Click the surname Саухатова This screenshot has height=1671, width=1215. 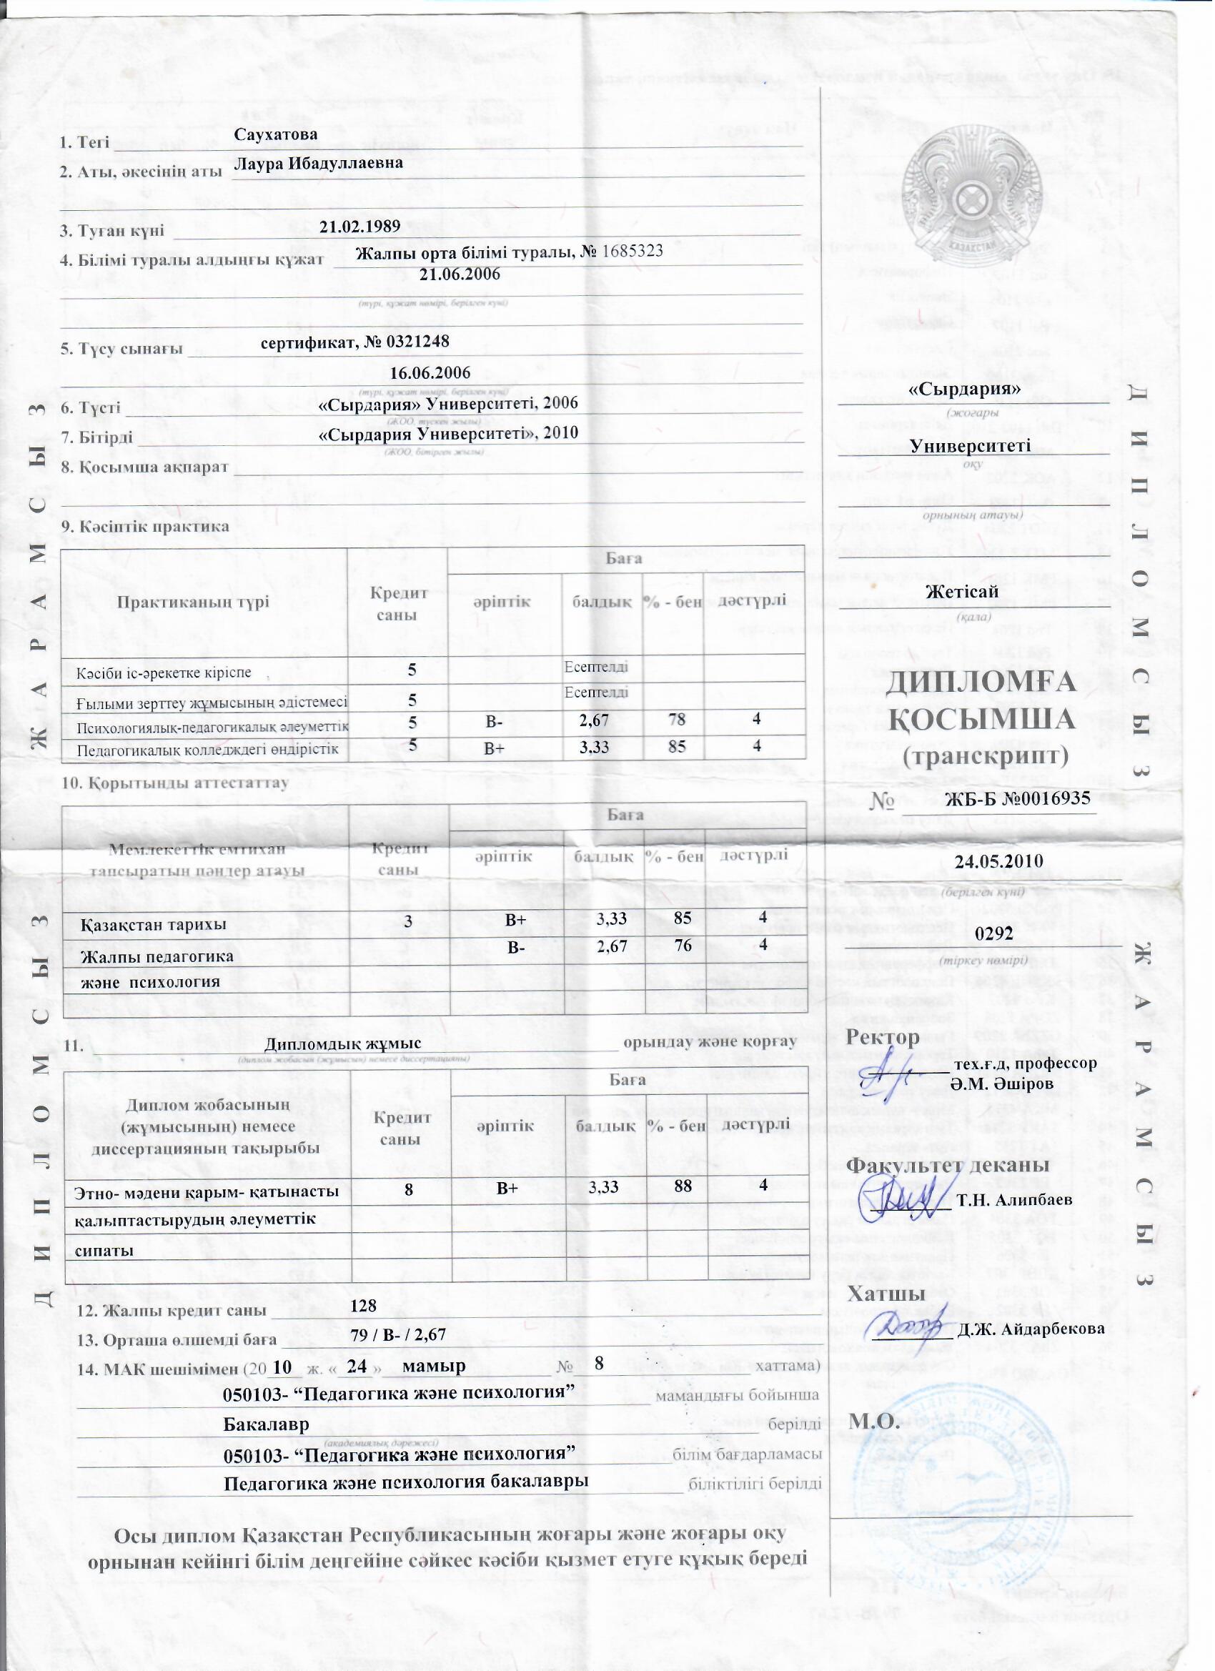[x=276, y=135]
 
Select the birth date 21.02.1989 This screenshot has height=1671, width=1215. [x=359, y=226]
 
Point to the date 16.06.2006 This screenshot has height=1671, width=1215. [x=430, y=373]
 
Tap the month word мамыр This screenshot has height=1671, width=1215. [x=434, y=1366]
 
